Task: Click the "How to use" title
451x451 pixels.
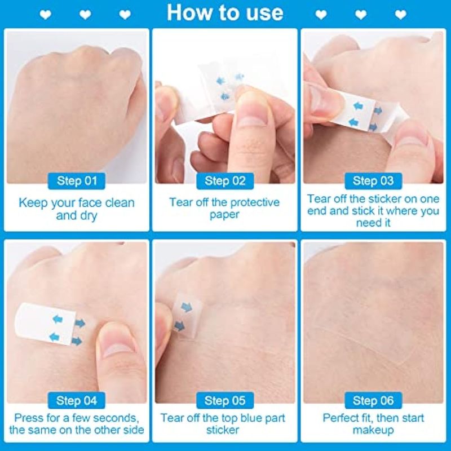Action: pos(225,13)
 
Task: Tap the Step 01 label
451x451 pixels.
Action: pos(77,181)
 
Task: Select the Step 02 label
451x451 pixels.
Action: pos(225,181)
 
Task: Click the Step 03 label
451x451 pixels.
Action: pos(373,181)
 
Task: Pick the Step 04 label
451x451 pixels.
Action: pos(77,400)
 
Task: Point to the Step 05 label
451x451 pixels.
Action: pos(225,400)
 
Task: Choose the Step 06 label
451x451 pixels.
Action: pos(373,400)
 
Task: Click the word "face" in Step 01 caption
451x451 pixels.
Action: pos(90,203)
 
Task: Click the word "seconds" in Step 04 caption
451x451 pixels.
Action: pos(116,418)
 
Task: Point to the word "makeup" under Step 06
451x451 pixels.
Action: pos(373,431)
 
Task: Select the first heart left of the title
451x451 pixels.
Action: pos(46,15)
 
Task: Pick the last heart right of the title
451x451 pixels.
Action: pos(401,15)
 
